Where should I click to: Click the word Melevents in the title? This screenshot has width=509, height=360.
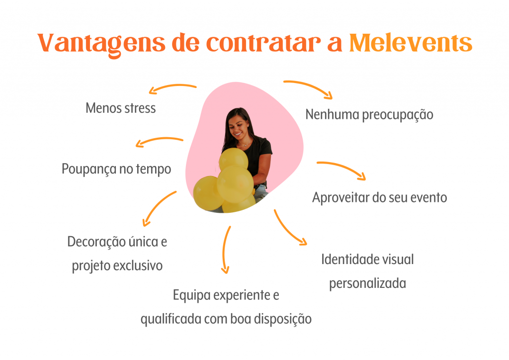pos(410,43)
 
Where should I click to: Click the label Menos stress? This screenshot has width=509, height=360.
pos(121,108)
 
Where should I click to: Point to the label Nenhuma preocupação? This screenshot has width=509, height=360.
pos(369,115)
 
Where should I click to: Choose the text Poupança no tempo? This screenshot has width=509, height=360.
pos(116,169)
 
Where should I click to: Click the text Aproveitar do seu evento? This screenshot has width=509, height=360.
pos(379,198)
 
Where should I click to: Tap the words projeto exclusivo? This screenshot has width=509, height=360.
pos(117,266)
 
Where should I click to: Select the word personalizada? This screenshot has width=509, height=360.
pos(367,283)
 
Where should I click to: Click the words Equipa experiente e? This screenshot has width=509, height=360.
pos(226,295)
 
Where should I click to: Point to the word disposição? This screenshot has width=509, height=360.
pos(283,319)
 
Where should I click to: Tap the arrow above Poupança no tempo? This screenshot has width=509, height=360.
pos(158,139)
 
